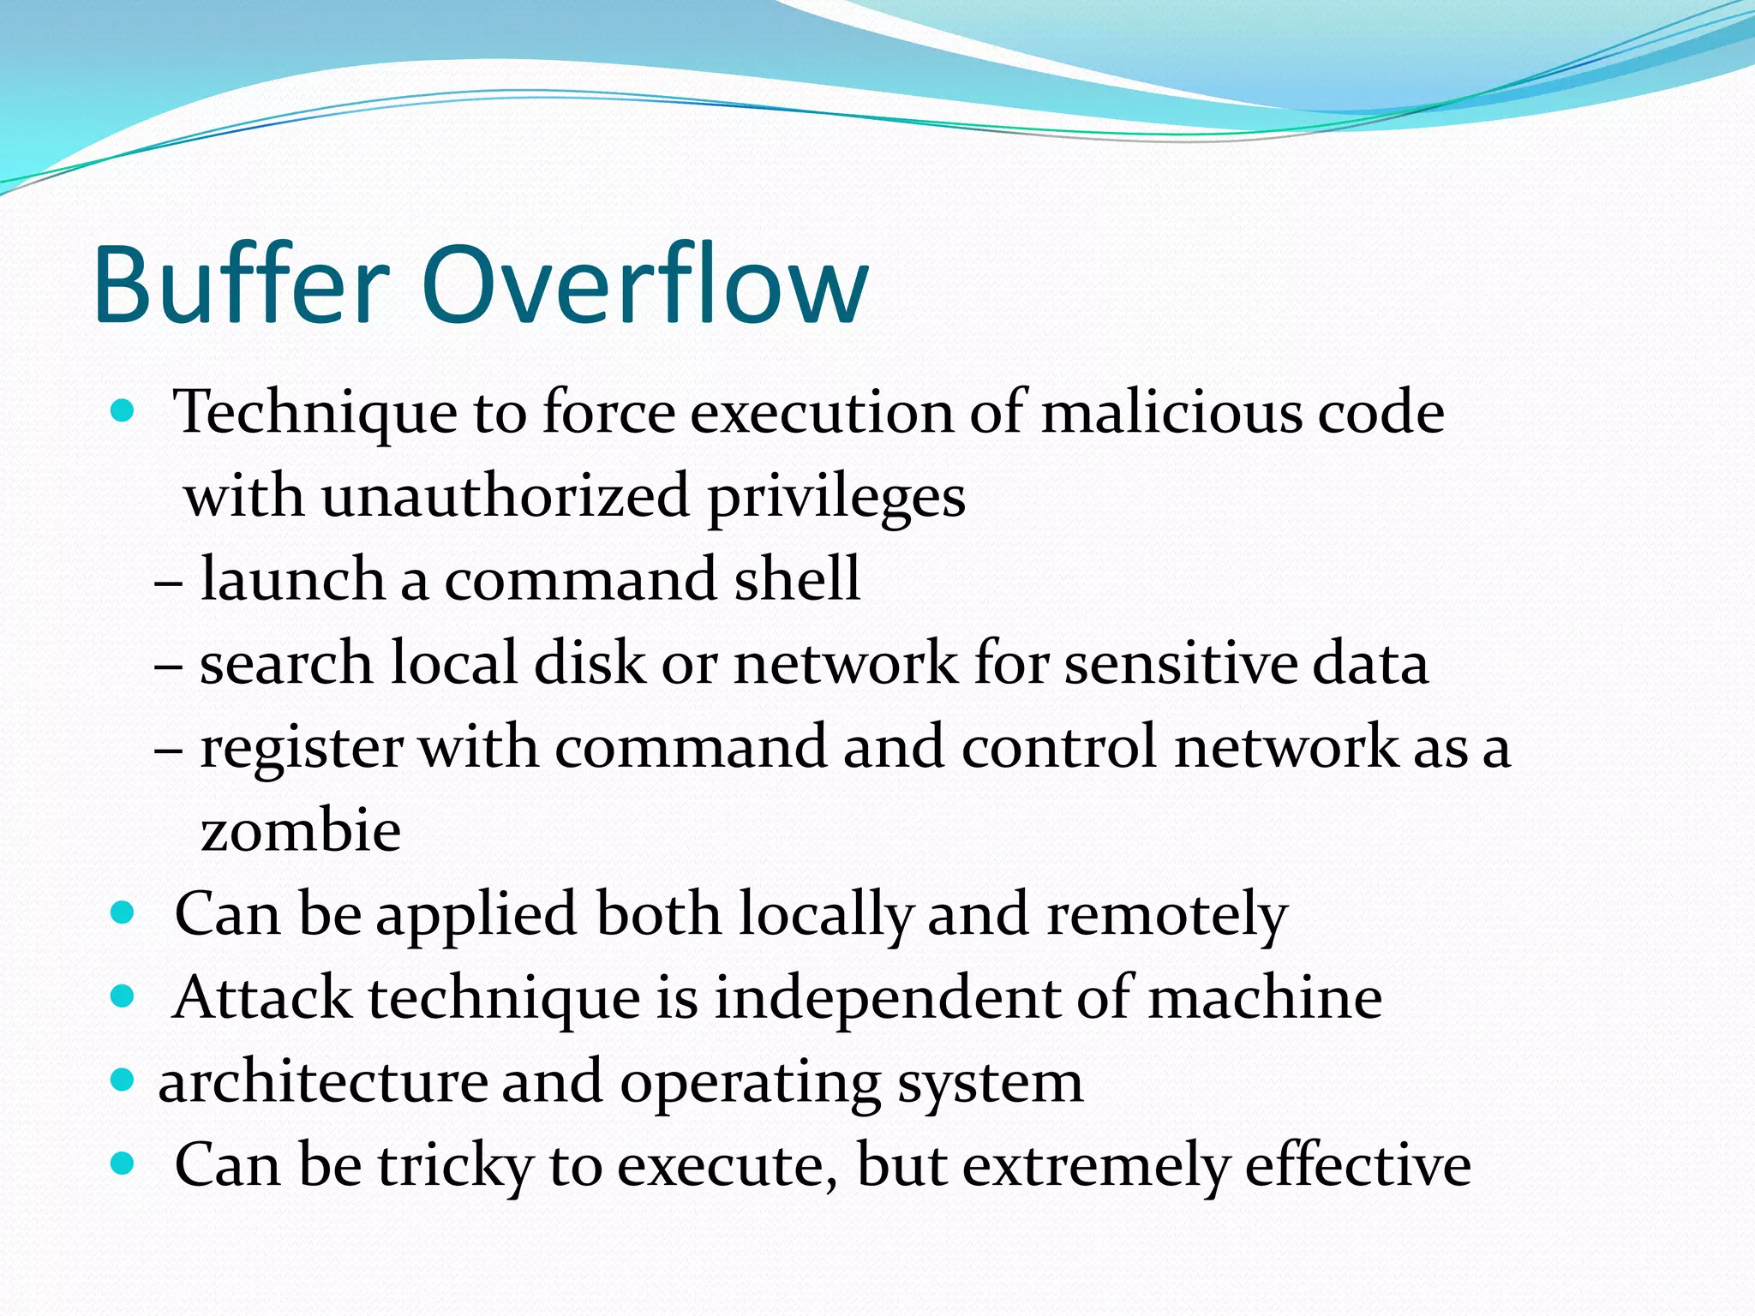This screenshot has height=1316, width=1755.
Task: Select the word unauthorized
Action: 506,497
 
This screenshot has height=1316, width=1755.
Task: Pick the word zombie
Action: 300,831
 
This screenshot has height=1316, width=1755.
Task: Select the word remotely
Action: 1166,915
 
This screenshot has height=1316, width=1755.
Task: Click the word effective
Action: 1357,1165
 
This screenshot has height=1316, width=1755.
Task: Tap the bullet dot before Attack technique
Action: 123,997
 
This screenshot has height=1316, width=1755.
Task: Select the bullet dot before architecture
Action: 123,1080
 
